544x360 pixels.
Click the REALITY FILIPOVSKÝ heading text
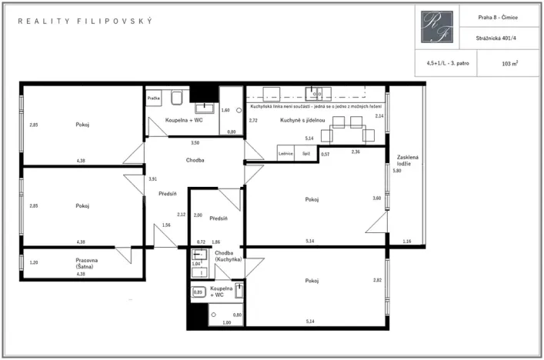(x=85, y=21)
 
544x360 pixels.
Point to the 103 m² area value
(x=509, y=64)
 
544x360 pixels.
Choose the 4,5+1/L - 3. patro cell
(x=447, y=64)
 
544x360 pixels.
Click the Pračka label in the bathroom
(x=154, y=98)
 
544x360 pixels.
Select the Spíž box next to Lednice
(x=307, y=154)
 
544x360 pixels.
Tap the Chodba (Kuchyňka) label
(x=229, y=256)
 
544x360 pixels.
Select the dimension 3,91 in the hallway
(x=152, y=178)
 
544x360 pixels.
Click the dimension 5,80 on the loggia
(x=397, y=171)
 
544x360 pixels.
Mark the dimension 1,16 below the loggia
(x=407, y=242)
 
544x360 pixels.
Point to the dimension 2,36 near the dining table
(x=355, y=152)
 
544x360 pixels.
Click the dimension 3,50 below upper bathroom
(x=195, y=143)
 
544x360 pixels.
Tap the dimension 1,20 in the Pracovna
(x=33, y=263)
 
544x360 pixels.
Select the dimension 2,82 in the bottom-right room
(x=378, y=280)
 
